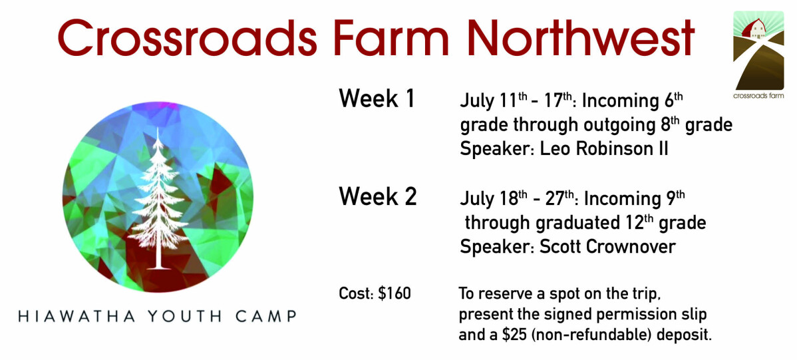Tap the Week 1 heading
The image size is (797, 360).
(x=377, y=98)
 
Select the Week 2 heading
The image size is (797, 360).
(x=378, y=196)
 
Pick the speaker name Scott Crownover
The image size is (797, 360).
(x=607, y=247)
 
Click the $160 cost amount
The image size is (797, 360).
(x=395, y=294)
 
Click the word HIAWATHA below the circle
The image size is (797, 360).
(x=77, y=316)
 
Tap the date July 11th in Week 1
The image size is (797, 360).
(x=496, y=100)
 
